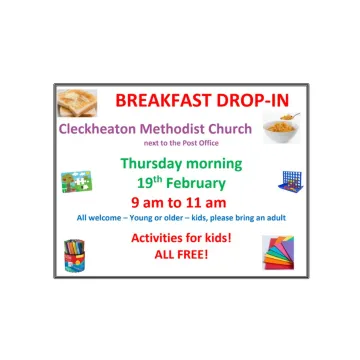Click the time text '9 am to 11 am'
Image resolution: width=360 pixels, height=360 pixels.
tap(180, 202)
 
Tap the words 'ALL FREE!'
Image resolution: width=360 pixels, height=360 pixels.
tap(180, 255)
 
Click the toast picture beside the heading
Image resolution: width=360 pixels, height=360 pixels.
tap(77, 102)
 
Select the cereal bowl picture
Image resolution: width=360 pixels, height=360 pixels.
tap(281, 128)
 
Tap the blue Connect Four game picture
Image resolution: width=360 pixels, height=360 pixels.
tap(291, 182)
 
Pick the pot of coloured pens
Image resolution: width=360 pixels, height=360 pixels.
tap(76, 254)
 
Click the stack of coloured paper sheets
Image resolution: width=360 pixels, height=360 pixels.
tap(279, 252)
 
